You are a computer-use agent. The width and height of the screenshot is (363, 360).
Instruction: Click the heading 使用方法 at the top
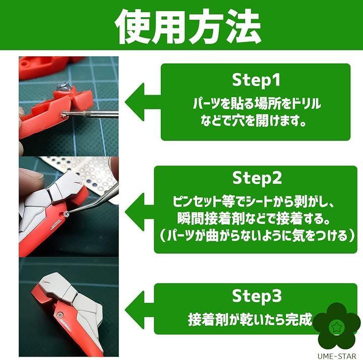[x=188, y=26]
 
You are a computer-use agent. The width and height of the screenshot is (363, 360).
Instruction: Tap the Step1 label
[x=256, y=80]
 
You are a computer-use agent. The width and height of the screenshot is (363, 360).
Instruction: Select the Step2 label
[x=257, y=178]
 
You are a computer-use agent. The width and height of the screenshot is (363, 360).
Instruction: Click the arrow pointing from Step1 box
[x=142, y=102]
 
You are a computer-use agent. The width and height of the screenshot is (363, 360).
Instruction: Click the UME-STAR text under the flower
[x=337, y=356]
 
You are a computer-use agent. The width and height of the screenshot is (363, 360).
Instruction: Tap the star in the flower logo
[x=336, y=327]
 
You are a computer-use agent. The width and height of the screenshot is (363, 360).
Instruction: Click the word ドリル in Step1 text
[x=306, y=104]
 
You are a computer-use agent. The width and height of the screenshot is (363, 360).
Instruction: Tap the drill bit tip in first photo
[x=63, y=113]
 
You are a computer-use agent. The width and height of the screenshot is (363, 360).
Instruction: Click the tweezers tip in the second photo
[x=67, y=214]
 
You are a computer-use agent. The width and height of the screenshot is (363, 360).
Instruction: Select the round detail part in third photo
[x=60, y=315]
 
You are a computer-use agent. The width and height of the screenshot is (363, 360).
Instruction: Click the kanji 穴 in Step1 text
[x=238, y=121]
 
